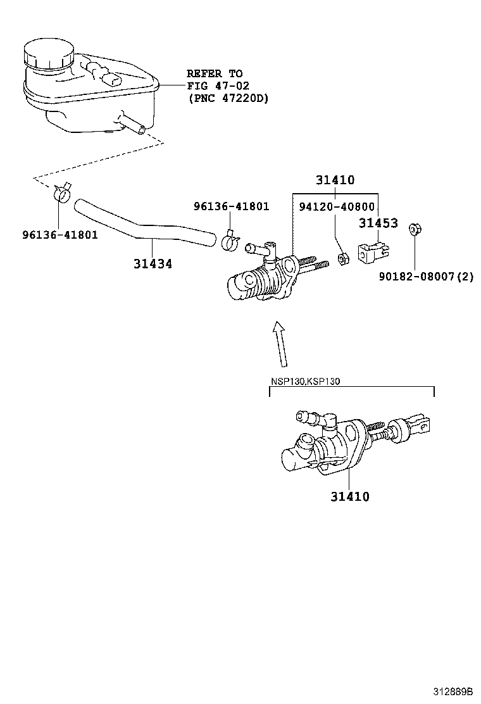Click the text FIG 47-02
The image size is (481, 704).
tap(214, 86)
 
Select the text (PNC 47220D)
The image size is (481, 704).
tap(228, 98)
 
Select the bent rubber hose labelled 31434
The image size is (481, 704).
tap(146, 227)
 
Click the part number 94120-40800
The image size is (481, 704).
tap(335, 206)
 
